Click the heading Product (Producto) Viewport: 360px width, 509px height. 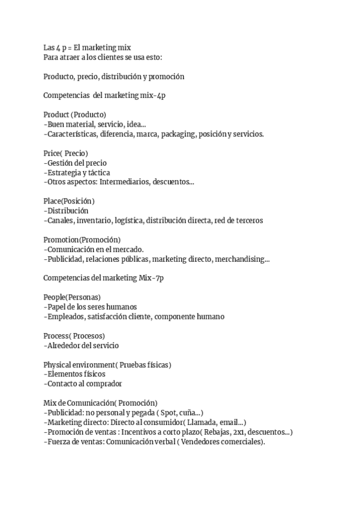point(75,115)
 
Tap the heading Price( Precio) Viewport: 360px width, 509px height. point(66,153)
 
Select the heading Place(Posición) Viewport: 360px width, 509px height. point(69,201)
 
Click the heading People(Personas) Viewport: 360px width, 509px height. point(72,297)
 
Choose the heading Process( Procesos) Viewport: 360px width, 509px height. point(74,336)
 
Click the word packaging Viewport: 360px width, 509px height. point(177,134)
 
